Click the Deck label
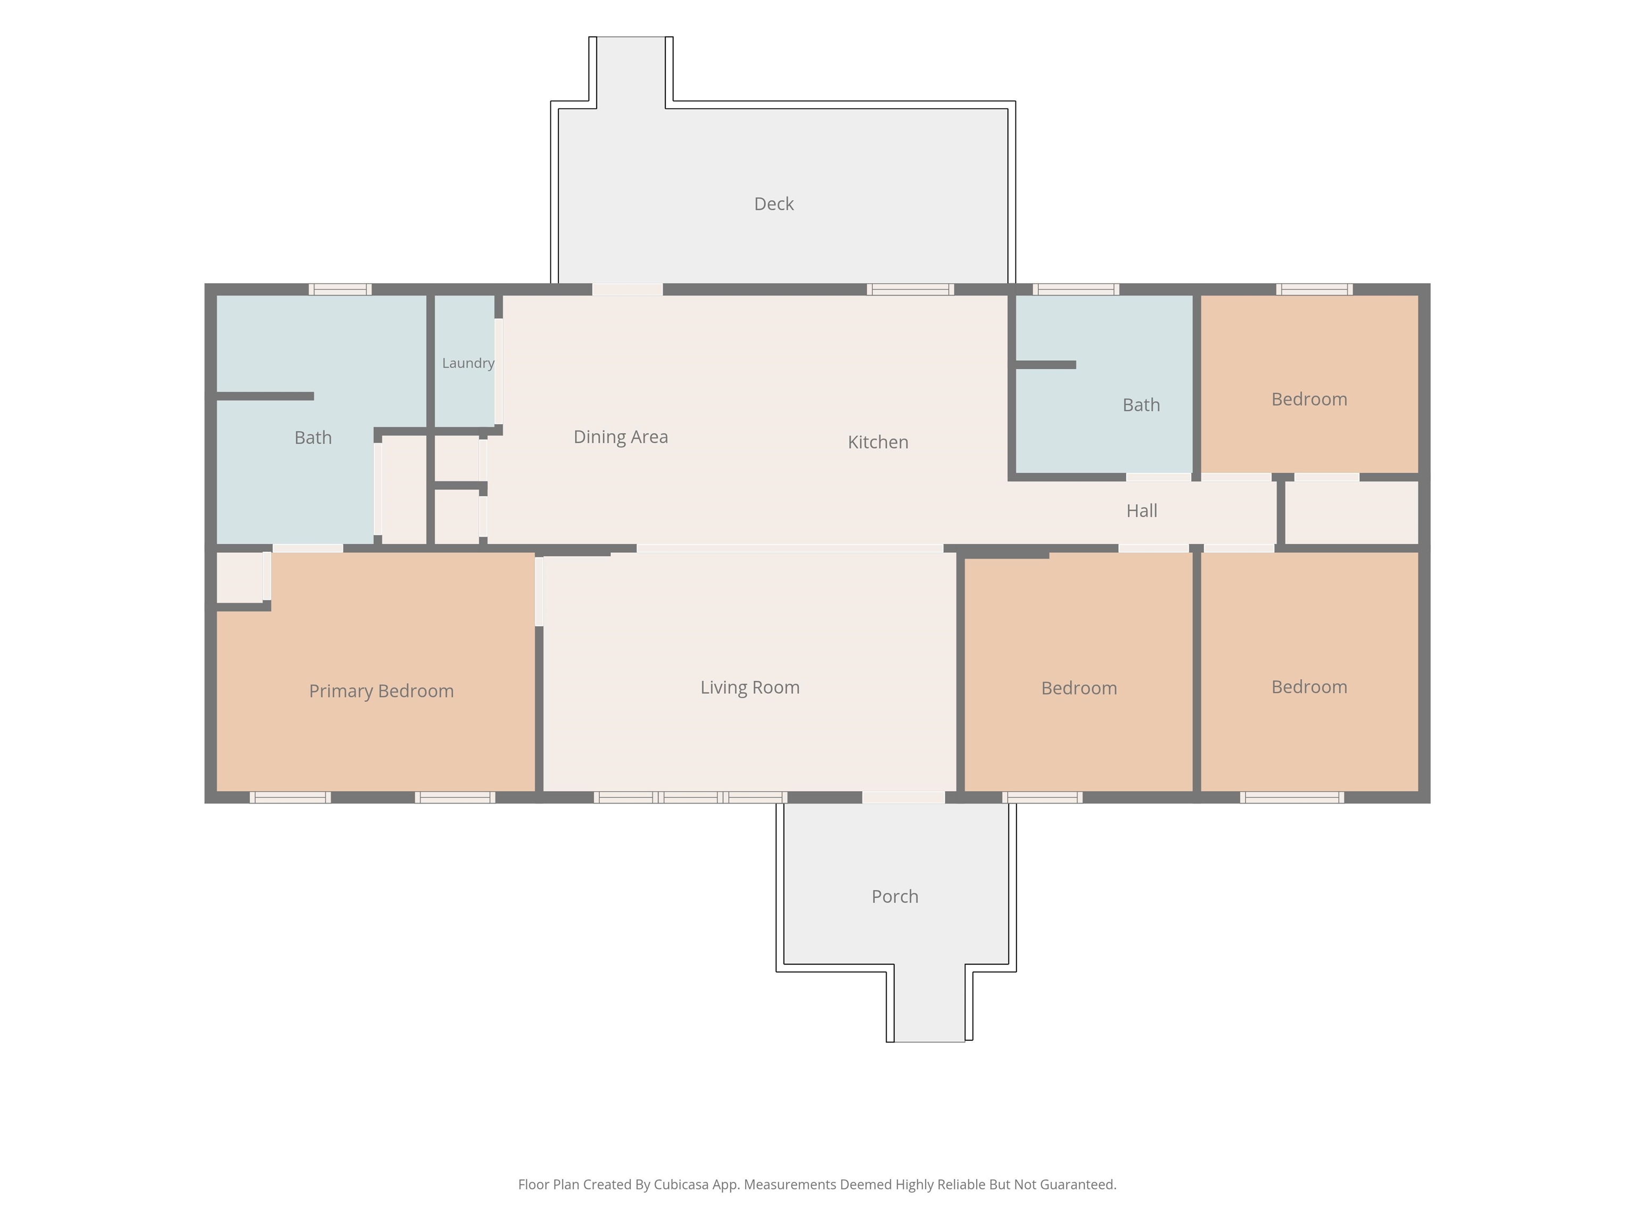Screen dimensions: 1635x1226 pyautogui.click(x=774, y=204)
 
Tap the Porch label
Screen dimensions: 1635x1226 pyautogui.click(x=895, y=897)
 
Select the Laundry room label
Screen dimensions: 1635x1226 pyautogui.click(x=468, y=363)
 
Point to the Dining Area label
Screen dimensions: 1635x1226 pyautogui.click(x=621, y=437)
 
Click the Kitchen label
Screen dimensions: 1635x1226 pyautogui.click(x=878, y=442)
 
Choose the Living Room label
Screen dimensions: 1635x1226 pyautogui.click(x=750, y=687)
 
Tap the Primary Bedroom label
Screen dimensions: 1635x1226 pyautogui.click(x=382, y=691)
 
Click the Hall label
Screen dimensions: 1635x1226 pyautogui.click(x=1142, y=511)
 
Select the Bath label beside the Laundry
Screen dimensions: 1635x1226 pyautogui.click(x=313, y=437)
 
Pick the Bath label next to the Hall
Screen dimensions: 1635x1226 pyautogui.click(x=1141, y=405)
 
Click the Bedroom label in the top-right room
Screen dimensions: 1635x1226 pyautogui.click(x=1309, y=399)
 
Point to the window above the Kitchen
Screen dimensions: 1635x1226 pyautogui.click(x=910, y=289)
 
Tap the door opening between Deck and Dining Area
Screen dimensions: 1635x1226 pyautogui.click(x=627, y=289)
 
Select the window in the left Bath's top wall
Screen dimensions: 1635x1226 pyautogui.click(x=340, y=289)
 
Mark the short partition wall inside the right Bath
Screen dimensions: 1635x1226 pyautogui.click(x=1046, y=365)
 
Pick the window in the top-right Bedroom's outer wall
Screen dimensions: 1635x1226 pyautogui.click(x=1314, y=289)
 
